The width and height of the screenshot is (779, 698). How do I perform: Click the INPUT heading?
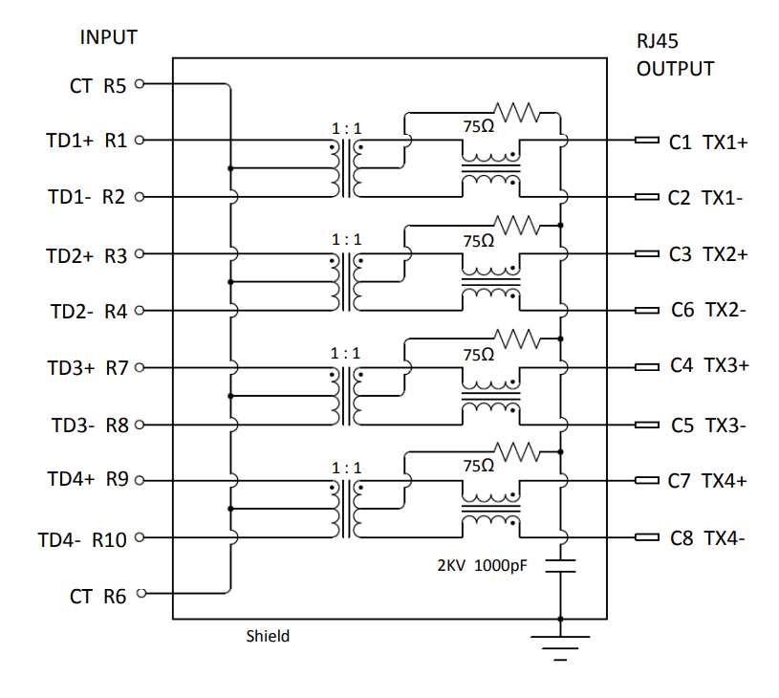click(108, 37)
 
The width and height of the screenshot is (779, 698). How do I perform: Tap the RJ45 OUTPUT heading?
click(675, 55)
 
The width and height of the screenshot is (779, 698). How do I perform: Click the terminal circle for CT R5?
click(140, 84)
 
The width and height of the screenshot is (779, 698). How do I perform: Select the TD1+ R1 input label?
click(86, 141)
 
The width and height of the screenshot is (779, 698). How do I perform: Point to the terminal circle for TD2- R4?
click(140, 311)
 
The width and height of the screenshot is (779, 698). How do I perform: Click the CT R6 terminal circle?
click(141, 593)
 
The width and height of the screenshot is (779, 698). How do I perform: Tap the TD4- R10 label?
click(82, 540)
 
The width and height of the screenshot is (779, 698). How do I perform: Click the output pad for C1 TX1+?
click(647, 141)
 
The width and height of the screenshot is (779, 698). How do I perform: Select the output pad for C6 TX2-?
click(647, 311)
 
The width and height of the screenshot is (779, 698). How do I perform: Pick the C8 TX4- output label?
click(707, 538)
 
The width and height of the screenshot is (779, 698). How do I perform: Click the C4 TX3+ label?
click(709, 365)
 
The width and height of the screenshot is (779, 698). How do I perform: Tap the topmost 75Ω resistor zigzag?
click(517, 113)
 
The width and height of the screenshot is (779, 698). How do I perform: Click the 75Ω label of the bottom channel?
click(479, 466)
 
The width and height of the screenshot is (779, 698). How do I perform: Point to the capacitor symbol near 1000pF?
click(560, 566)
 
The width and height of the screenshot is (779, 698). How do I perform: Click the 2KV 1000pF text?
click(482, 566)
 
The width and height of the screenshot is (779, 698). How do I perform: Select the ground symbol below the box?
click(560, 647)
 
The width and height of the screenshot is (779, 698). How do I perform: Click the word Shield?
click(268, 637)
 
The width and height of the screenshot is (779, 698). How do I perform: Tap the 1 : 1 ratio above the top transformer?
click(346, 129)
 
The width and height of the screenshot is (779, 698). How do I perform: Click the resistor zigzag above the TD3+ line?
click(517, 339)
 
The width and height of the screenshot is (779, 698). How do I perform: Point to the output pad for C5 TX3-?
click(647, 425)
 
